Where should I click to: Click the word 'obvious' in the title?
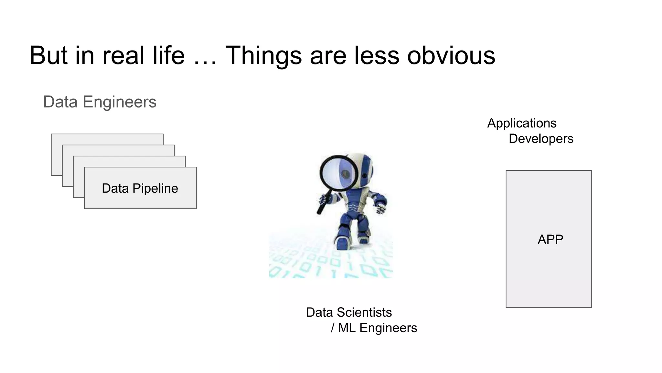451,55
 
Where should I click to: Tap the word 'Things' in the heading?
263,56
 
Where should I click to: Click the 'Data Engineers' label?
100,102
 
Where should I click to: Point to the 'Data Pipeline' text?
140,188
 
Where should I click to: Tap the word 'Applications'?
522,123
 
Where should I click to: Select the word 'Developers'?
541,139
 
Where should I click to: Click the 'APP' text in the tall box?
550,240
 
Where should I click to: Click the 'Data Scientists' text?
349,312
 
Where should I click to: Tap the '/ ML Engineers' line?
374,328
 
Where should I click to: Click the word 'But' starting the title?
48,55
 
